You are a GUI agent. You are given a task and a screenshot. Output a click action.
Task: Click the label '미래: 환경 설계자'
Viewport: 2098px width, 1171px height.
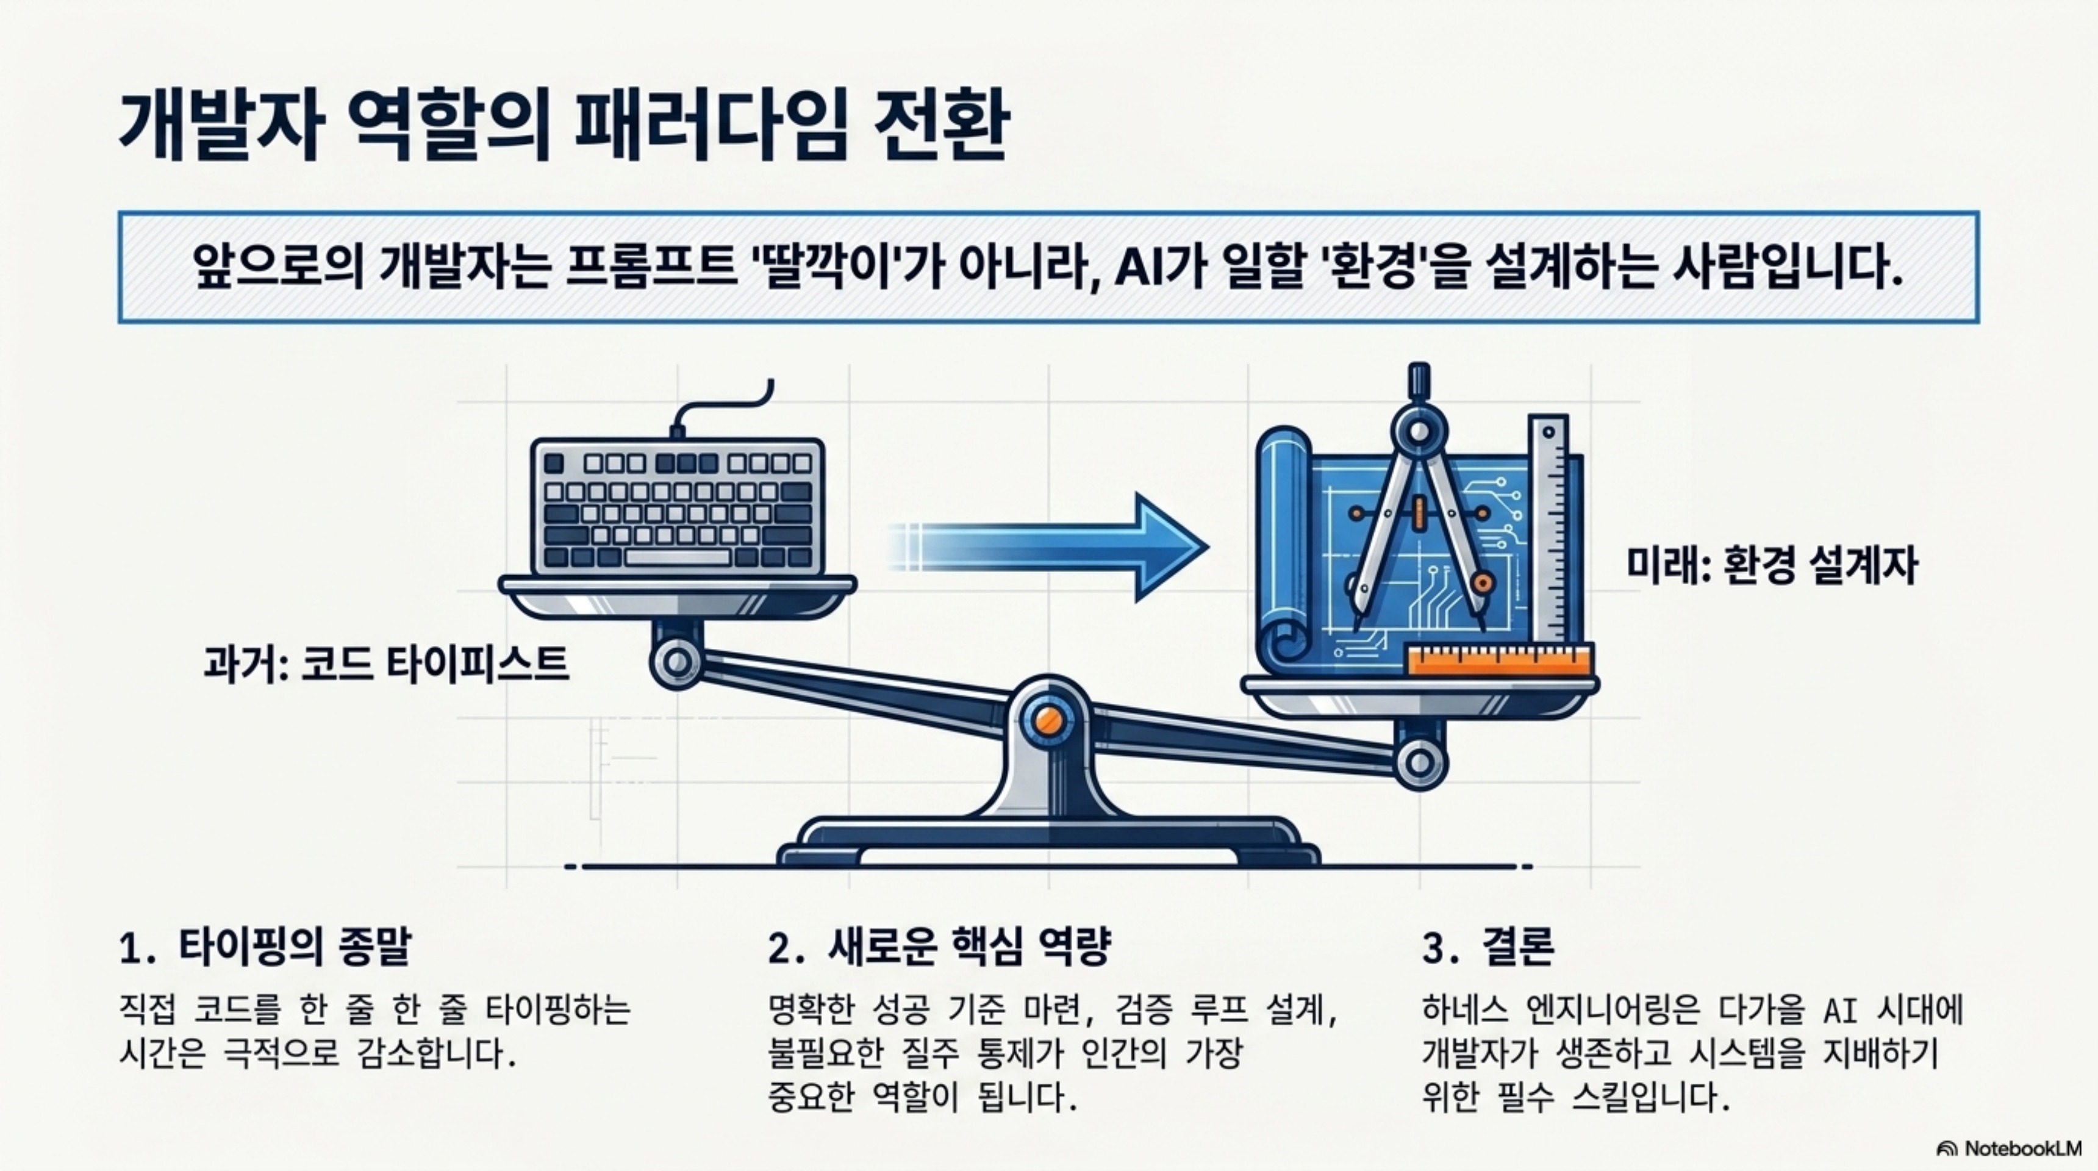pyautogui.click(x=1772, y=565)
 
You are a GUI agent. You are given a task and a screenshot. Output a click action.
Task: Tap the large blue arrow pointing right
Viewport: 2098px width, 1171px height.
pyautogui.click(x=1059, y=546)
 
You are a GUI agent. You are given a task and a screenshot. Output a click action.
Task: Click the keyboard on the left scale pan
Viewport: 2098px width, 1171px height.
pyautogui.click(x=677, y=508)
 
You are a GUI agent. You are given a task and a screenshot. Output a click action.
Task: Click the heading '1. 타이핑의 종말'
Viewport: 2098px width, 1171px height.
pyautogui.click(x=265, y=948)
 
